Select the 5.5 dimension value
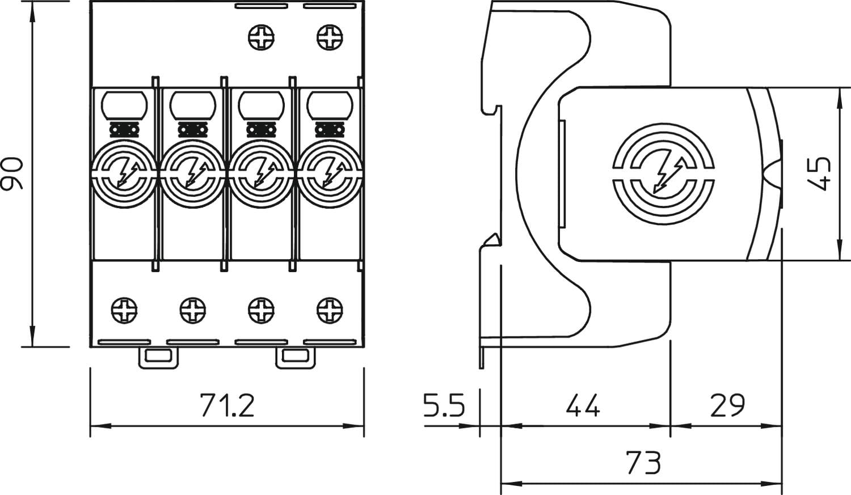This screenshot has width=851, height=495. click(x=444, y=406)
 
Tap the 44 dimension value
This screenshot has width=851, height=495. click(x=583, y=406)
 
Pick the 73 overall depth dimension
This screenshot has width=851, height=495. click(x=644, y=463)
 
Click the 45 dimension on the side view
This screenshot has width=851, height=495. click(x=819, y=174)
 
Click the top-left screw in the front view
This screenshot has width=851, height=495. click(x=262, y=37)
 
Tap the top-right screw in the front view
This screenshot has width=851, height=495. click(x=330, y=37)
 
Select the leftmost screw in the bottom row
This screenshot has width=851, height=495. click(x=124, y=310)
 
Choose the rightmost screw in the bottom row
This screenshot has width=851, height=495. click(x=330, y=310)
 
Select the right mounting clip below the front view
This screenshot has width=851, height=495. click(x=296, y=357)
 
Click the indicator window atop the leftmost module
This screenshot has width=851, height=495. click(x=124, y=105)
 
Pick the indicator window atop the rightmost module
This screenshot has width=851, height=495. click(x=330, y=105)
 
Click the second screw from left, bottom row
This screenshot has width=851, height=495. click(x=193, y=310)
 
